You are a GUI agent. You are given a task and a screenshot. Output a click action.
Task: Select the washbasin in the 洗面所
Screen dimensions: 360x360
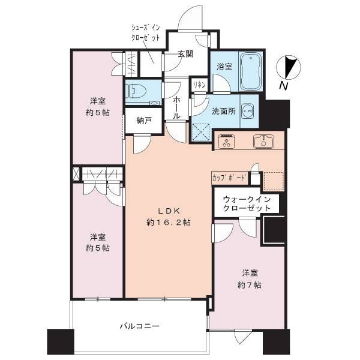click(x=248, y=112)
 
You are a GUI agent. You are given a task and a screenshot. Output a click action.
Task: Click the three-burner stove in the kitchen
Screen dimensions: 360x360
click(x=227, y=141)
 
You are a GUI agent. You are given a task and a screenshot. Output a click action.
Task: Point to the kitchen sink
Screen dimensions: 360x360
click(x=263, y=141)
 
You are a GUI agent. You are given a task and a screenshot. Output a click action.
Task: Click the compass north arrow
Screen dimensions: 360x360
click(x=289, y=67)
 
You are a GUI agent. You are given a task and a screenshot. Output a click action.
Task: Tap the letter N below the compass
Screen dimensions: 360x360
click(x=283, y=86)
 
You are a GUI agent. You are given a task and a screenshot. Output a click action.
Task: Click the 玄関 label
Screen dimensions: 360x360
click(x=185, y=54)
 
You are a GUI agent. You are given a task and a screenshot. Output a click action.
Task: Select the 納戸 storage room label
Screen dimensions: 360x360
click(x=144, y=121)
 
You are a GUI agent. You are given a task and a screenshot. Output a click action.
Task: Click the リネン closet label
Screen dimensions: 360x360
click(x=199, y=85)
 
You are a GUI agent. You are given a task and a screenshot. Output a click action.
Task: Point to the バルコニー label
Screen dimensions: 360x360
click(x=140, y=326)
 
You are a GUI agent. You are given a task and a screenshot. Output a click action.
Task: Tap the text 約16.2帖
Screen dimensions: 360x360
click(x=168, y=222)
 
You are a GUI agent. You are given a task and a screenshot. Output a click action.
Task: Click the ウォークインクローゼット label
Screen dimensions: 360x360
click(x=247, y=203)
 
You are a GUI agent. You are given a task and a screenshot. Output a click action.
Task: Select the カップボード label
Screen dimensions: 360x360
click(x=230, y=178)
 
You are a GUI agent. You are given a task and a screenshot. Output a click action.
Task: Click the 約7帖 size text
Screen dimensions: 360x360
click(x=249, y=285)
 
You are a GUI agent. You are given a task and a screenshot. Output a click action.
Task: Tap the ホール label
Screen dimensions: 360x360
click(x=176, y=107)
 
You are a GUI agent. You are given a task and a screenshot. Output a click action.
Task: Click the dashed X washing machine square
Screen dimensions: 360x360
click(x=201, y=132)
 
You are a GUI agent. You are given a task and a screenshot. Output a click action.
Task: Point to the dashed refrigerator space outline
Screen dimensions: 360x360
click(x=273, y=181)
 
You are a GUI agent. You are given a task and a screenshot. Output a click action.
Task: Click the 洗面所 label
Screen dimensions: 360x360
click(x=223, y=112)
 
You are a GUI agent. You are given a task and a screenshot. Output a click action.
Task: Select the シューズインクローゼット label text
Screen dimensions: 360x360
click(x=146, y=32)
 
